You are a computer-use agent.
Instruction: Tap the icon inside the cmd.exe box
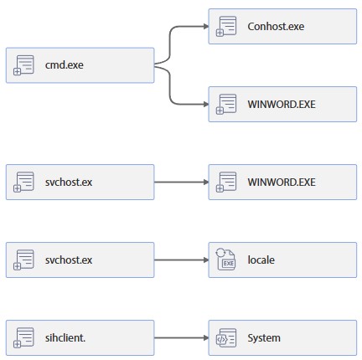pyautogui.click(x=24, y=65)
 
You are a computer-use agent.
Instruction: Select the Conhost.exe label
pyautogui.click(x=276, y=27)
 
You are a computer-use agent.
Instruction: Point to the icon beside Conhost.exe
pyautogui.click(x=226, y=27)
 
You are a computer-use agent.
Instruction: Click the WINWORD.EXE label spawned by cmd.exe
pyautogui.click(x=282, y=105)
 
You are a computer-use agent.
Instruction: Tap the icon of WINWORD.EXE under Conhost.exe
pyautogui.click(x=226, y=105)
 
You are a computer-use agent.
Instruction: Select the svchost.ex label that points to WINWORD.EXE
pyautogui.click(x=70, y=182)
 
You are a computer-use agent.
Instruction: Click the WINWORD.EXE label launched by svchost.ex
pyautogui.click(x=282, y=182)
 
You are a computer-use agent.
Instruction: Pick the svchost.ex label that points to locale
pyautogui.click(x=70, y=260)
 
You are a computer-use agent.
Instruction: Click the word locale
pyautogui.click(x=261, y=260)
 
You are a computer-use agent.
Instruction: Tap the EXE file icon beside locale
pyautogui.click(x=226, y=260)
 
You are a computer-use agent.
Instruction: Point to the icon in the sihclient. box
pyautogui.click(x=24, y=338)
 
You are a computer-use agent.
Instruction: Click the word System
pyautogui.click(x=264, y=338)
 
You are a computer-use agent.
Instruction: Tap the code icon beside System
pyautogui.click(x=226, y=338)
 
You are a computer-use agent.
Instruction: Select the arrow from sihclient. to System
pyautogui.click(x=180, y=338)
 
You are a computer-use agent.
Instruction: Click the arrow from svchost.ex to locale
pyautogui.click(x=180, y=260)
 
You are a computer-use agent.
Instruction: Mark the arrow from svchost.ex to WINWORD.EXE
pyautogui.click(x=180, y=182)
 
